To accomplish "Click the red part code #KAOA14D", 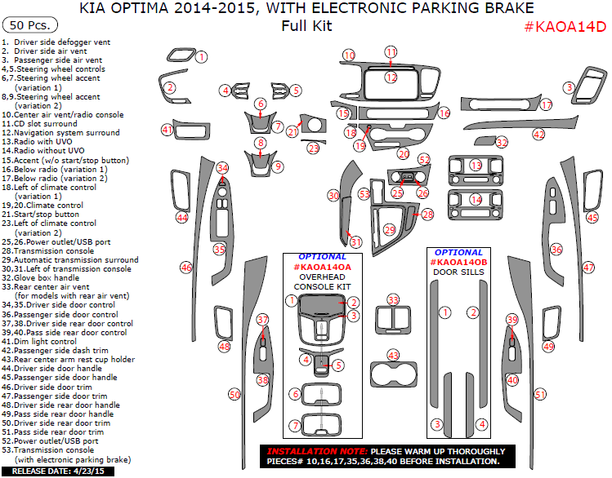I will pyautogui.click(x=565, y=26).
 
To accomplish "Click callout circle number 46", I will pyautogui.click(x=186, y=267).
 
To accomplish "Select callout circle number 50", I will pyautogui.click(x=235, y=394).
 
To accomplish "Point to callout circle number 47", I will pyautogui.click(x=588, y=267).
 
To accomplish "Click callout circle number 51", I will pyautogui.click(x=539, y=394).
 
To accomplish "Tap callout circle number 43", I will pyautogui.click(x=394, y=355).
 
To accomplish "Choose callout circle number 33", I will pyautogui.click(x=394, y=300).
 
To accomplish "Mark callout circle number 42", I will pyautogui.click(x=538, y=134).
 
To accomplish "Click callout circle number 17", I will pyautogui.click(x=547, y=104).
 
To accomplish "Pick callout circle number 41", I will pyautogui.click(x=168, y=129).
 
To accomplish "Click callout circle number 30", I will pyautogui.click(x=333, y=196).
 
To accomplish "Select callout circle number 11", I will pyautogui.click(x=391, y=52).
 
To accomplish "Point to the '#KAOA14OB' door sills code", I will pyautogui.click(x=459, y=263).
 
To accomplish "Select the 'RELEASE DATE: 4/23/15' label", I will pyautogui.click(x=63, y=471).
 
